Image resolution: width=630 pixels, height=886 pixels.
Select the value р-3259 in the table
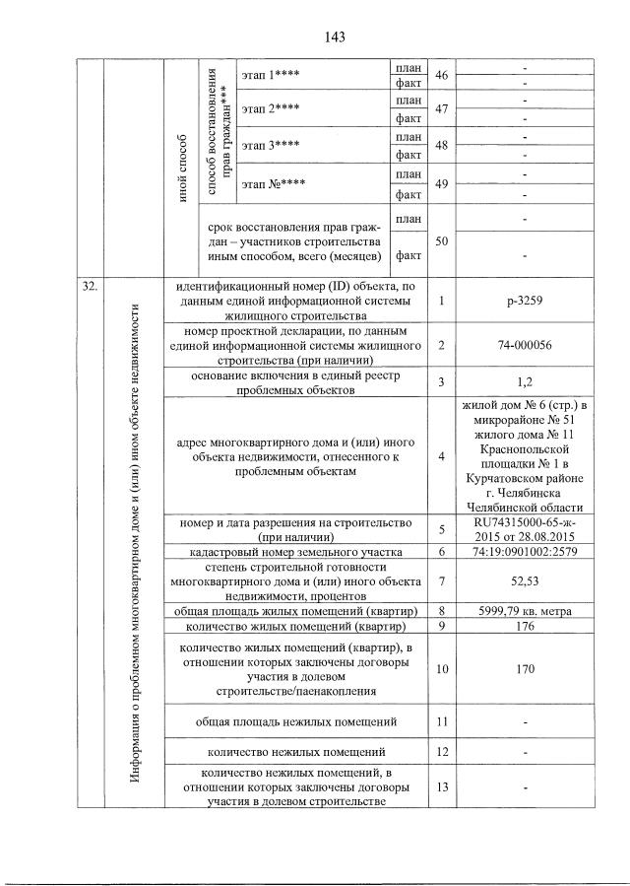point(524,300)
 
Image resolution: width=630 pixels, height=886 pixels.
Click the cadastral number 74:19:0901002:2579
point(524,551)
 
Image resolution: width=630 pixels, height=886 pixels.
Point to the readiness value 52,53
point(524,582)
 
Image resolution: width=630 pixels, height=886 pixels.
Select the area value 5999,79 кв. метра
point(524,612)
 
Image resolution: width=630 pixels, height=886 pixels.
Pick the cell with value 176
point(524,628)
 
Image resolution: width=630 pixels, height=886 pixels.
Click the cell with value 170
point(524,669)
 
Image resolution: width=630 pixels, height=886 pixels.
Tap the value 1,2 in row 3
point(524,382)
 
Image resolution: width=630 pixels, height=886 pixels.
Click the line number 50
point(441,239)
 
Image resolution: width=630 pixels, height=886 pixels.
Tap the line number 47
point(441,110)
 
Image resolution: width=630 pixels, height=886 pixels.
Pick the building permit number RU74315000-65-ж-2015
point(524,529)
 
